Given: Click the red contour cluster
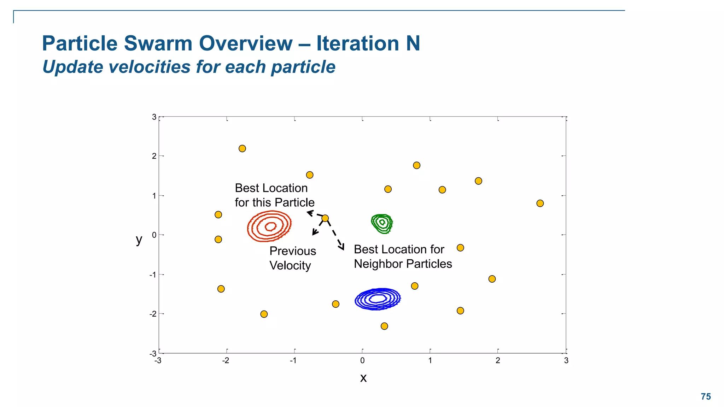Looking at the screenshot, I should [269, 226].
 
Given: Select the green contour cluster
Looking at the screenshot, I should [382, 223].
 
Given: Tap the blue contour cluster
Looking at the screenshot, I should [378, 299].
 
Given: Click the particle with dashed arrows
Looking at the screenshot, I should [325, 218].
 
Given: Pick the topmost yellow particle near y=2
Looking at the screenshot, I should [242, 148].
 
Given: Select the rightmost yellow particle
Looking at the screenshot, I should [540, 203].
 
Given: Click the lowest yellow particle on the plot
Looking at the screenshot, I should [384, 326].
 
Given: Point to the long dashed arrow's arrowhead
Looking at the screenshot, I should [342, 248].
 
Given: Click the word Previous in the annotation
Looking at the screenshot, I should [292, 251].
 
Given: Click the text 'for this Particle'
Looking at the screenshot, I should [274, 202].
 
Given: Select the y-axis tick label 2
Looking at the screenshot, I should [154, 156].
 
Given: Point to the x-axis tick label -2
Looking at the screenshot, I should [225, 361].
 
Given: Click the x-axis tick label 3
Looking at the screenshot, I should [566, 361].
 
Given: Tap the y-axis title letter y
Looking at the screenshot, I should [139, 240].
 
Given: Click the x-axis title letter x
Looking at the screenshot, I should [363, 378].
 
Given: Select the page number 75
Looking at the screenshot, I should [706, 396].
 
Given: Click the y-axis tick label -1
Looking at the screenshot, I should [153, 275].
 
